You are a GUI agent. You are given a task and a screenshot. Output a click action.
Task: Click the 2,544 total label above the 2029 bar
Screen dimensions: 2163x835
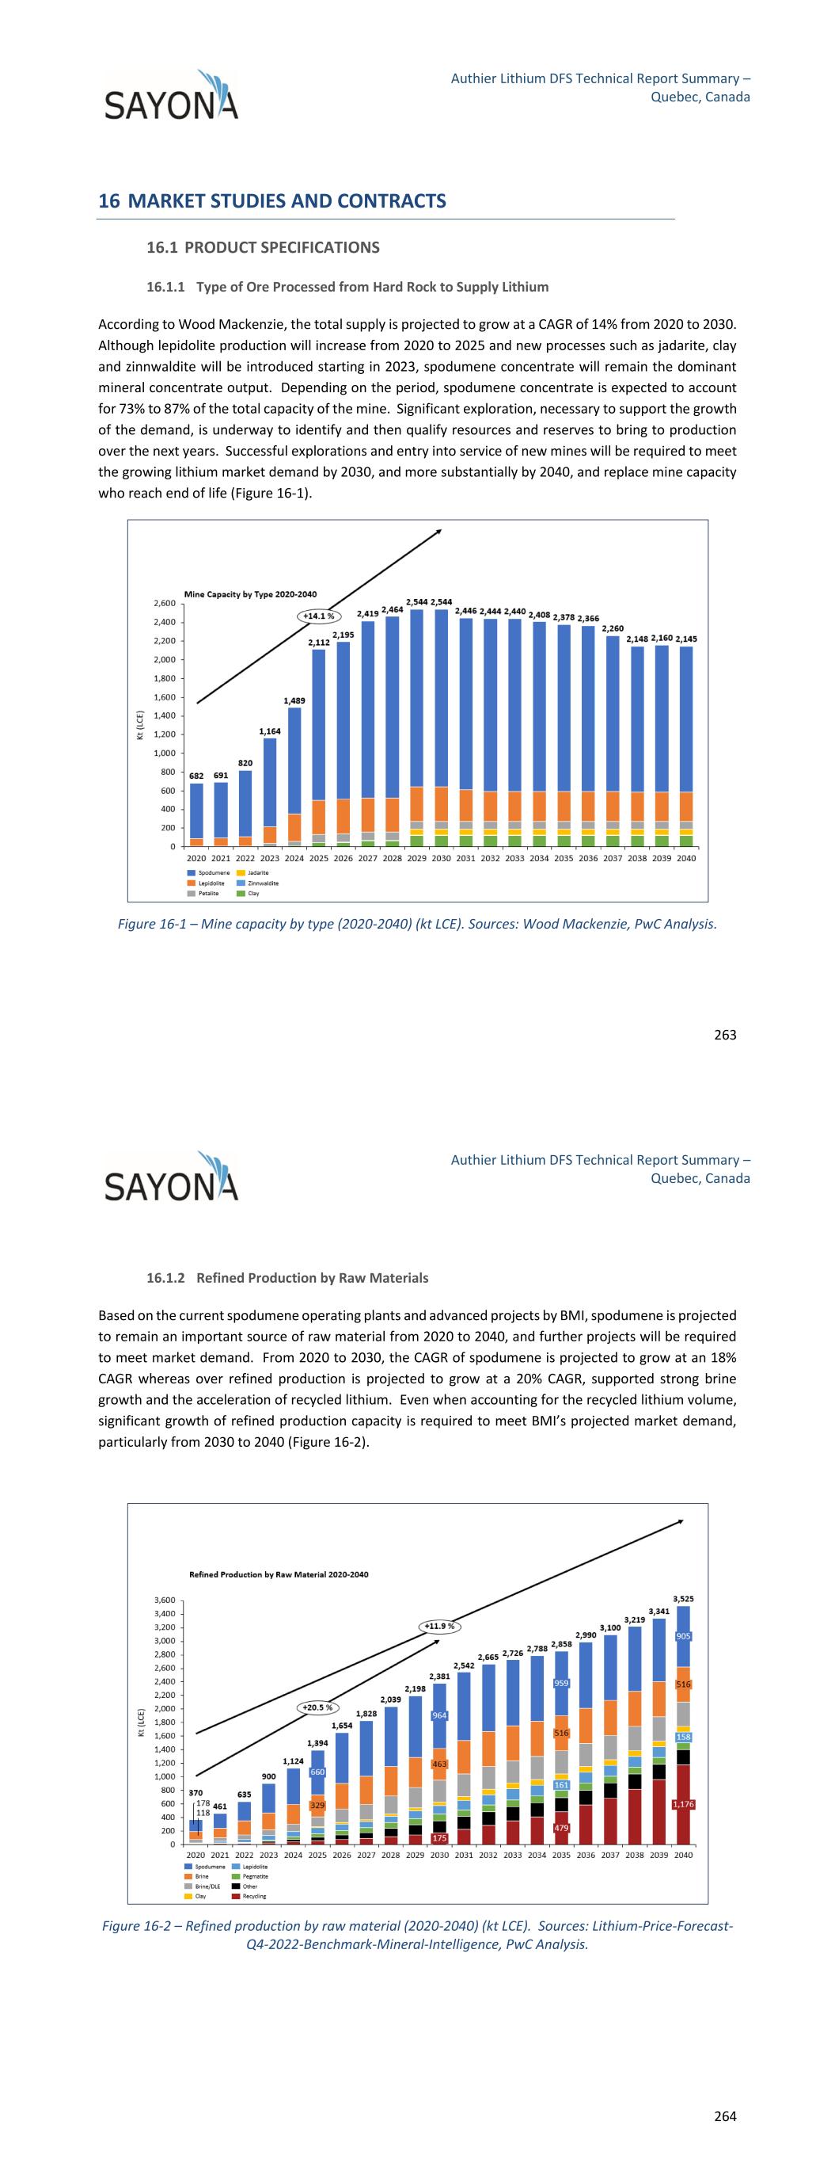pyautogui.click(x=417, y=602)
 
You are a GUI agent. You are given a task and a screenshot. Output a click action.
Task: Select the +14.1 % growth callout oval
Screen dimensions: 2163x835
pyautogui.click(x=319, y=616)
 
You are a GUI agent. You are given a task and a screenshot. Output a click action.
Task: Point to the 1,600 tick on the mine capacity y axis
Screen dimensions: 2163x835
pyautogui.click(x=165, y=697)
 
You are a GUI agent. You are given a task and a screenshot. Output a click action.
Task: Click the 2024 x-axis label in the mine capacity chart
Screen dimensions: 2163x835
pyautogui.click(x=294, y=858)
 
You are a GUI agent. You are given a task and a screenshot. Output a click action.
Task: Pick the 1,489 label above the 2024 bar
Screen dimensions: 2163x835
pyautogui.click(x=294, y=700)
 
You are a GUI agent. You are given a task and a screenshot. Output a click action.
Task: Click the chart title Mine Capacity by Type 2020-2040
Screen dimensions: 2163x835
pyautogui.click(x=250, y=594)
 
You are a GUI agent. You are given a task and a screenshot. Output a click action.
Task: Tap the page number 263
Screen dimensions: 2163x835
pyautogui.click(x=725, y=1035)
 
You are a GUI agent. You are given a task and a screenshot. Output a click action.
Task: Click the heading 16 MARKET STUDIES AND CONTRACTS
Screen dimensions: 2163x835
pyautogui.click(x=272, y=200)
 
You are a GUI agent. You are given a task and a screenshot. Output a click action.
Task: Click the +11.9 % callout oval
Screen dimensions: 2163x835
pyautogui.click(x=439, y=1627)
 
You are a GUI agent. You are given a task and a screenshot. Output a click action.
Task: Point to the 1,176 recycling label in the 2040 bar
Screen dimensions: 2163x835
pyautogui.click(x=683, y=1804)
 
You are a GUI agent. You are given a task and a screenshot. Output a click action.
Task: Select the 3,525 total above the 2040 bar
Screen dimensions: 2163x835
pyautogui.click(x=683, y=1600)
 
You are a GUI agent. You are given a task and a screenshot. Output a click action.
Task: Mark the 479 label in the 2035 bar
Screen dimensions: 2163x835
pyautogui.click(x=561, y=1828)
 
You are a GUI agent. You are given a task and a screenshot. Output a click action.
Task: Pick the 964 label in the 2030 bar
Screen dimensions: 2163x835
pyautogui.click(x=439, y=1715)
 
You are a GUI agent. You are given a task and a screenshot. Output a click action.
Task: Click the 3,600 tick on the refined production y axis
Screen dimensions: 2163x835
pyautogui.click(x=165, y=1600)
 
